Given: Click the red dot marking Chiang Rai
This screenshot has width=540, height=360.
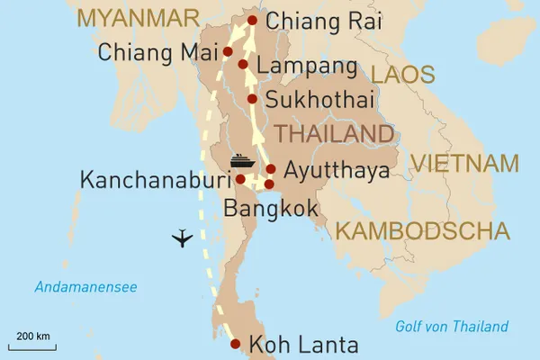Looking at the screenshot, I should [252, 21].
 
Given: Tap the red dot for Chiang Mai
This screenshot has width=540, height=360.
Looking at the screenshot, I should [228, 51].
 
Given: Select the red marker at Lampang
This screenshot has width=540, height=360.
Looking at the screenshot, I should [243, 65].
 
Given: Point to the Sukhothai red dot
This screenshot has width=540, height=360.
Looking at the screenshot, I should [253, 99].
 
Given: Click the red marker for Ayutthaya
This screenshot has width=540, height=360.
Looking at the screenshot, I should [270, 169].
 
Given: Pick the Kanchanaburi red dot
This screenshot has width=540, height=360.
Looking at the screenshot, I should [240, 179].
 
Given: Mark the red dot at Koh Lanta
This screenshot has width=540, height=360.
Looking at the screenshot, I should [235, 344].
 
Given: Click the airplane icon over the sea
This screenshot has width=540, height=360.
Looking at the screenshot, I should [184, 238].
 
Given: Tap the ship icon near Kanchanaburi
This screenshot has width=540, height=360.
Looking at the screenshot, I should [240, 162].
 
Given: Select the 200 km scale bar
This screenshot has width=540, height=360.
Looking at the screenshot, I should [31, 341].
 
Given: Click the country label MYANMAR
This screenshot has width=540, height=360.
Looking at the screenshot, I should [138, 17].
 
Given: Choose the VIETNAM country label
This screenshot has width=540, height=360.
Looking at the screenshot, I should [464, 164].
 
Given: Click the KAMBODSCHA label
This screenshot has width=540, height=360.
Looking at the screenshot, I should [423, 231].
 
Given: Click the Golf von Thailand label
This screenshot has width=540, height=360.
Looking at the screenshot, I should [452, 327].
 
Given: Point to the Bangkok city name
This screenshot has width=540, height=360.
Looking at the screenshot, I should [270, 209].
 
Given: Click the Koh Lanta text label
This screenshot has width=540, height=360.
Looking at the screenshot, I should [303, 345].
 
